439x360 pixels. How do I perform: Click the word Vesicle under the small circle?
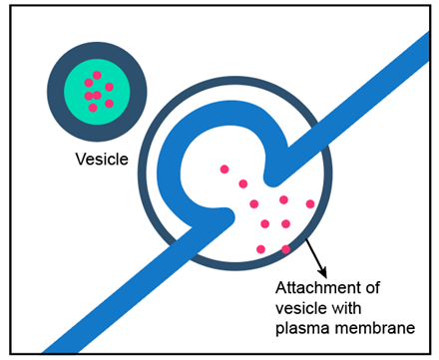[x=102, y=159]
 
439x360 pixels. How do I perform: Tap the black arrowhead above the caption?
[x=322, y=272]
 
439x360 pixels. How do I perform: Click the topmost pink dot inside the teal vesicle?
[x=97, y=75]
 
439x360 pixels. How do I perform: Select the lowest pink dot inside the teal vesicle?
[x=93, y=108]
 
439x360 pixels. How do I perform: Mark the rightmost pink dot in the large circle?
[x=310, y=203]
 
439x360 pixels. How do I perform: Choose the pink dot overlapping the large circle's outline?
[x=285, y=249]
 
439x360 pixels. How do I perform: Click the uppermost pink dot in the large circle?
[x=224, y=170]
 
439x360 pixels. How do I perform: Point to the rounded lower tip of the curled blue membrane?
[x=228, y=217]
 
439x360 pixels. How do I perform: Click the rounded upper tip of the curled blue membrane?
[x=272, y=179]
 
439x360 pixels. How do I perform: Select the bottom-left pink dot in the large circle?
[x=260, y=249]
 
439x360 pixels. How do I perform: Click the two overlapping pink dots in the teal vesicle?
[x=93, y=96]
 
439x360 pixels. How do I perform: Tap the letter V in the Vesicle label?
[x=81, y=159]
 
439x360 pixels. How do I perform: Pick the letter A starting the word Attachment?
[x=281, y=288]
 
